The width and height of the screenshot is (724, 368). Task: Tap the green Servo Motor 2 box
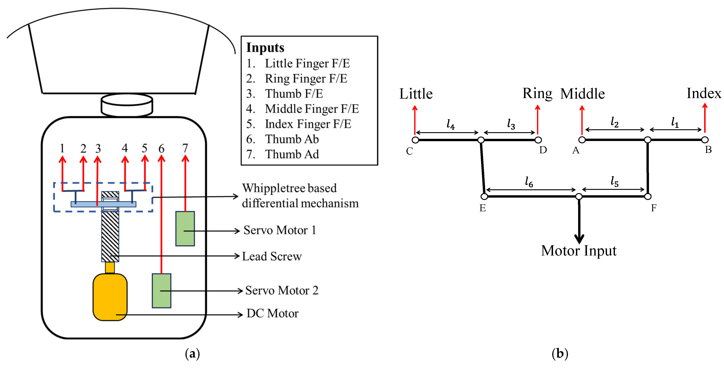pyautogui.click(x=161, y=290)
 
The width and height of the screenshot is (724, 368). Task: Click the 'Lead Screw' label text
pyautogui.click(x=272, y=256)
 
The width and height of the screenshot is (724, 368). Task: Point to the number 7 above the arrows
pyautogui.click(x=185, y=148)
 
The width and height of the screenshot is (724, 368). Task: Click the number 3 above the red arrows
pyautogui.click(x=98, y=148)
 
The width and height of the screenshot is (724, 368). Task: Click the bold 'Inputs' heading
pyautogui.click(x=265, y=48)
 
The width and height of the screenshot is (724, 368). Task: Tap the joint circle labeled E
pyautogui.click(x=484, y=196)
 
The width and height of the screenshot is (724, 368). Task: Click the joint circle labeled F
pyautogui.click(x=648, y=196)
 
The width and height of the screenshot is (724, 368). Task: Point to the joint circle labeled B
pyautogui.click(x=705, y=140)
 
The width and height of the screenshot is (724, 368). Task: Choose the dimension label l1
pyautogui.click(x=675, y=122)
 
